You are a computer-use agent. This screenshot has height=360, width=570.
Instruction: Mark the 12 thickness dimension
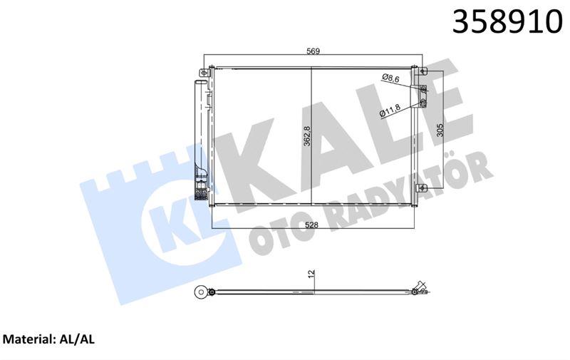311,274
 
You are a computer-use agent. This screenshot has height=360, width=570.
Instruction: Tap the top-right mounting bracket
423,71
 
